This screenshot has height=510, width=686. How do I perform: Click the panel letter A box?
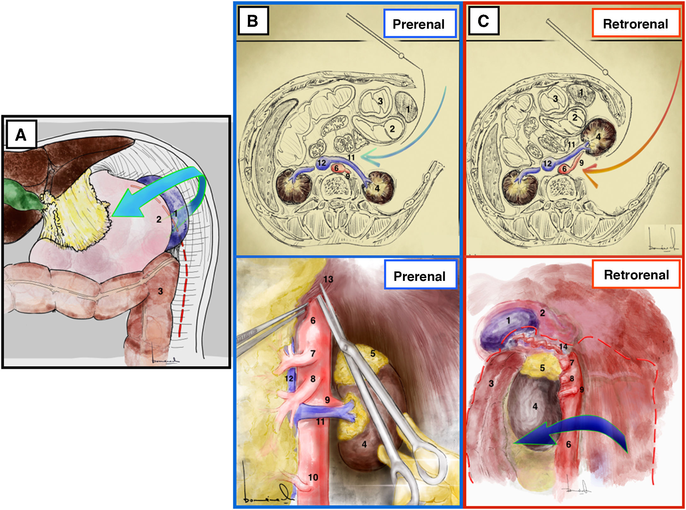click(x=21, y=134)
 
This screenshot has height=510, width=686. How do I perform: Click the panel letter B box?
click(x=253, y=21)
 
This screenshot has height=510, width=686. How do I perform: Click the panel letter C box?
click(x=483, y=21)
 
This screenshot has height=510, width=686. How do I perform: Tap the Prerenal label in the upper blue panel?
click(x=419, y=24)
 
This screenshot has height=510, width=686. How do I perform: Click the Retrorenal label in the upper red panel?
click(x=636, y=24)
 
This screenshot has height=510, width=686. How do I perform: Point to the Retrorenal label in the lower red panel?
click(x=636, y=274)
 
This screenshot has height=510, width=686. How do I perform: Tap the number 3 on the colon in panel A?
click(x=160, y=291)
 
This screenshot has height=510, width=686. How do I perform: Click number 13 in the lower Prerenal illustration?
click(x=328, y=279)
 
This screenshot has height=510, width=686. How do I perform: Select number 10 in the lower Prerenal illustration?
click(x=313, y=477)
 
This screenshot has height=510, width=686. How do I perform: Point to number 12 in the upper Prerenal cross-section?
click(x=321, y=163)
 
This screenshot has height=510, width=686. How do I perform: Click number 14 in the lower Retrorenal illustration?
click(x=563, y=347)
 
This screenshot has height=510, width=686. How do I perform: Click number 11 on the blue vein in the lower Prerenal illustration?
click(x=320, y=421)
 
